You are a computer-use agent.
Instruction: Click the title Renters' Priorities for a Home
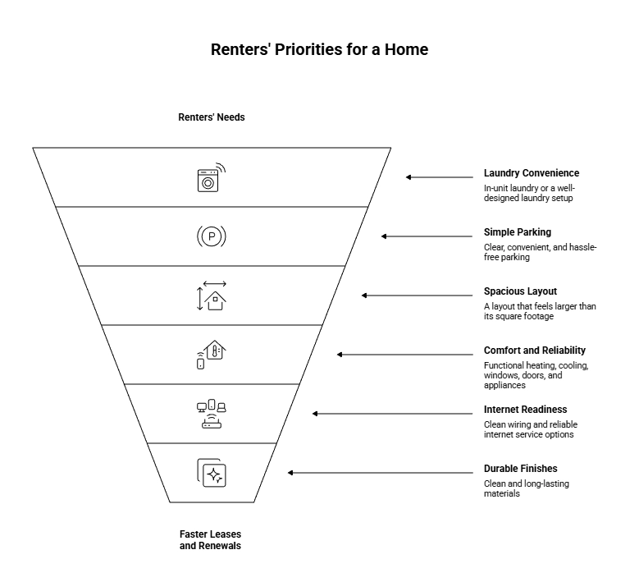click(x=319, y=50)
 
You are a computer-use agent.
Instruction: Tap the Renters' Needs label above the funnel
click(x=212, y=117)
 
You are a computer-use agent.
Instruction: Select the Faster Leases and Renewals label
click(x=212, y=539)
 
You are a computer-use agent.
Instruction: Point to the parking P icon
click(x=212, y=237)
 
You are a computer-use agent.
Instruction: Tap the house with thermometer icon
click(x=211, y=355)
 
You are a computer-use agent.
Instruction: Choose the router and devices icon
click(x=212, y=414)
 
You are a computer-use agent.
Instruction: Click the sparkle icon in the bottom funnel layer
click(x=212, y=473)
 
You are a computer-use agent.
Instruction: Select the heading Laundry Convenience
click(x=531, y=173)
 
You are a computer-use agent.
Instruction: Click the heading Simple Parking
click(x=517, y=232)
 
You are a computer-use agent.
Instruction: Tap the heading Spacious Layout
click(x=520, y=291)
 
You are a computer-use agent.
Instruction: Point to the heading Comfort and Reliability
click(x=535, y=351)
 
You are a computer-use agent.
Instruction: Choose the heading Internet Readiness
click(x=525, y=410)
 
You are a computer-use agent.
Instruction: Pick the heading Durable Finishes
click(x=520, y=469)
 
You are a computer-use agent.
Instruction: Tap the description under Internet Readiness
click(x=528, y=429)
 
